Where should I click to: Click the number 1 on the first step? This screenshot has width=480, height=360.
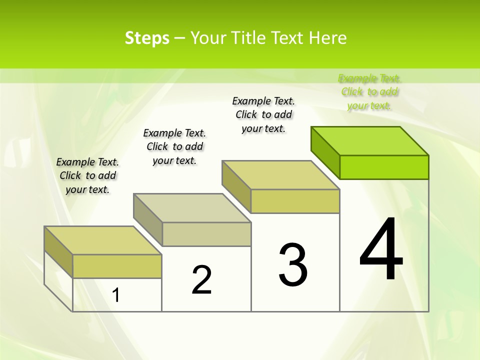116,295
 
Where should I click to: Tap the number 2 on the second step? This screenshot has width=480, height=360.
201,279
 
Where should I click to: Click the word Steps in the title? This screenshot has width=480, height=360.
147,38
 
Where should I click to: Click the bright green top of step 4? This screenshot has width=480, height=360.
370,141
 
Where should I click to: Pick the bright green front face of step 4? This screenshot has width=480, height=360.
384,167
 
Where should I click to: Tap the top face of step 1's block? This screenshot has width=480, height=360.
102,240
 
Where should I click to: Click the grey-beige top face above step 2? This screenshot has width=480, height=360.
192,208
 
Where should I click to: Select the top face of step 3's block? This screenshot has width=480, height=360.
281,175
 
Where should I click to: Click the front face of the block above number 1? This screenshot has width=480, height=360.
117,266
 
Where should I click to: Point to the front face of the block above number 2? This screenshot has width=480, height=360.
206,234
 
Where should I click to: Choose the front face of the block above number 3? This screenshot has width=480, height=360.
295,201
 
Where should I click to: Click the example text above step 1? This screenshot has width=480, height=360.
87,175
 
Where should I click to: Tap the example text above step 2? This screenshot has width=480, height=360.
174,146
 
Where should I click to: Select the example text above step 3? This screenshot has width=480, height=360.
263,114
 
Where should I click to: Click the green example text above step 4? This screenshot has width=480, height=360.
370,92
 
